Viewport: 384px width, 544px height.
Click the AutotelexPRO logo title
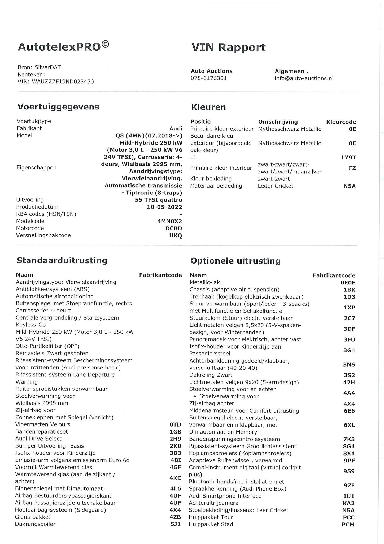click(x=63, y=47)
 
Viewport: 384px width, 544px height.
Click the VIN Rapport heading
click(x=228, y=48)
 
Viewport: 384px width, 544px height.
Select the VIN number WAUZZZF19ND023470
click(x=63, y=82)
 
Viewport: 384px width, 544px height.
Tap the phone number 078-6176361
click(x=209, y=78)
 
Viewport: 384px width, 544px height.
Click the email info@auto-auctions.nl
click(x=304, y=78)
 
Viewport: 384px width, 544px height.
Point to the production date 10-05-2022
click(x=164, y=207)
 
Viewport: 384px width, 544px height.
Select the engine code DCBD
click(x=174, y=228)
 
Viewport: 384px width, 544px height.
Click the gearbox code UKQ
click(x=176, y=235)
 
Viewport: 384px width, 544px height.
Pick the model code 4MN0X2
click(x=170, y=221)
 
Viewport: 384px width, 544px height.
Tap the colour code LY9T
click(x=348, y=158)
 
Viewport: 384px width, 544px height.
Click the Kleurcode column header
click(x=341, y=122)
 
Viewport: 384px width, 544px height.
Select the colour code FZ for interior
click(x=352, y=168)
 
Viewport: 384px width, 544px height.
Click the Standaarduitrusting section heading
click(x=62, y=260)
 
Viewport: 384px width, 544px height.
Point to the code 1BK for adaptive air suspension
click(x=349, y=290)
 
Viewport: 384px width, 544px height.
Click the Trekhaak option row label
click(x=246, y=297)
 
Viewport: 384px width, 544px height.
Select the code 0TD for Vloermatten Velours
click(x=176, y=424)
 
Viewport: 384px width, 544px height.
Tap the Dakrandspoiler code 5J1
click(x=176, y=524)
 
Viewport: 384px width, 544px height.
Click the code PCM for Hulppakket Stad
click(x=348, y=524)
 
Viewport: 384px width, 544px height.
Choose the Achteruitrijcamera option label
click(x=213, y=503)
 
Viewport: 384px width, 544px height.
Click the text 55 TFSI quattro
click(x=158, y=200)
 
